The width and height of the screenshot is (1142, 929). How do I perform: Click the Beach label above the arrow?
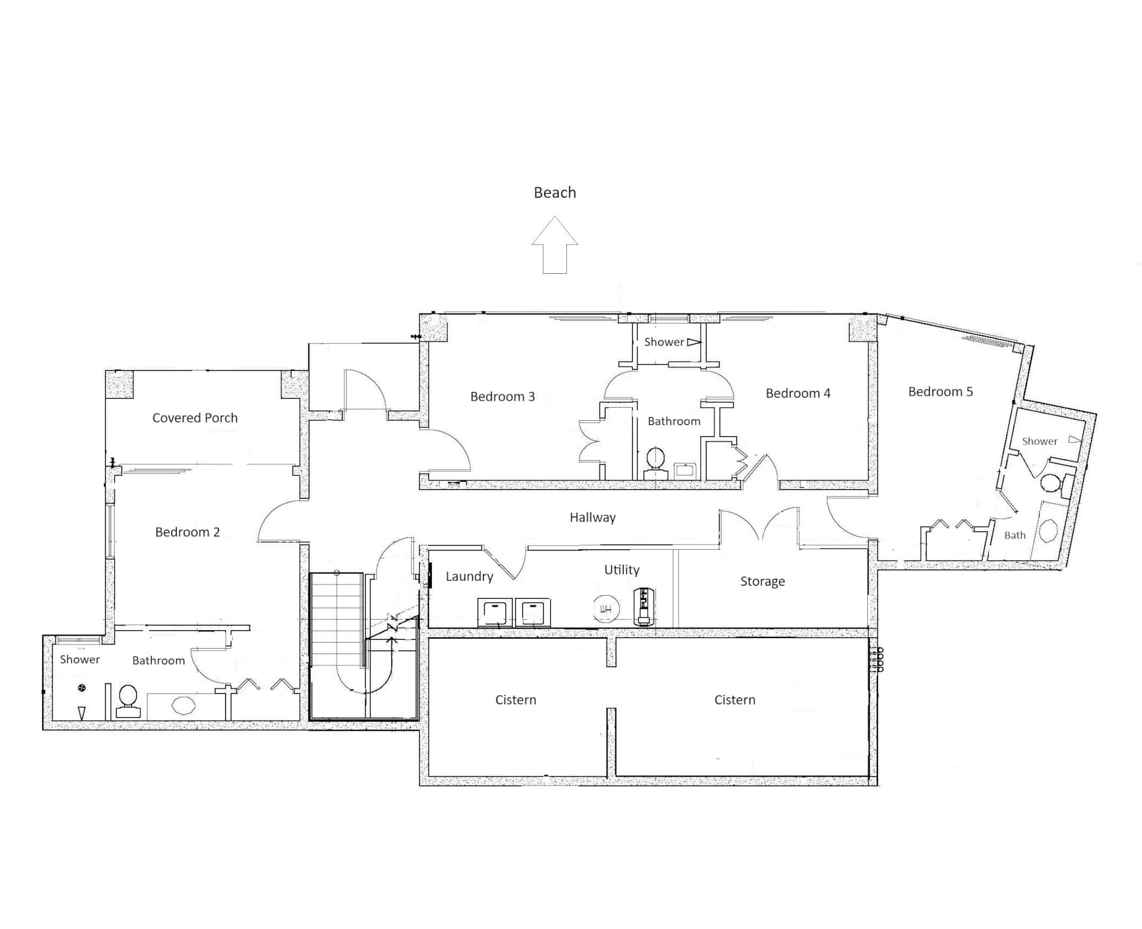[555, 192]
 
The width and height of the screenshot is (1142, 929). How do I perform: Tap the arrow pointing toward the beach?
[555, 245]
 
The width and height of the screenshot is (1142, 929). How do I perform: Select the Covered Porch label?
[195, 418]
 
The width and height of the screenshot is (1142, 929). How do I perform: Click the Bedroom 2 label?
[187, 532]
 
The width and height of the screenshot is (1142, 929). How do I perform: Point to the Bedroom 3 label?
[503, 396]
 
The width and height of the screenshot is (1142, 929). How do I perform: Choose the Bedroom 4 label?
[798, 393]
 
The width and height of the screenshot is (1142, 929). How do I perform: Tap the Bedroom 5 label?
[941, 392]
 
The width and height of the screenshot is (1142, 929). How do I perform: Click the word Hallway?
[593, 518]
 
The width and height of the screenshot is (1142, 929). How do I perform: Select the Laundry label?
[470, 577]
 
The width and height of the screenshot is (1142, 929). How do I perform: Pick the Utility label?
[622, 570]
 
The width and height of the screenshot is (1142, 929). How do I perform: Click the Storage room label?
[763, 581]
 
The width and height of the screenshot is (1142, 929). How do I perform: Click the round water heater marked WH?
[606, 609]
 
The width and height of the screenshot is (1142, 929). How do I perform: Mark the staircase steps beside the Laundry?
[337, 620]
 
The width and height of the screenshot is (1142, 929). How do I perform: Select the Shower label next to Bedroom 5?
[1040, 442]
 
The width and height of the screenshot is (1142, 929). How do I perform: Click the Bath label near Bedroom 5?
[1015, 536]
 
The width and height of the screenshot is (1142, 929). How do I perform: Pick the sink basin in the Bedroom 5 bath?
[1048, 530]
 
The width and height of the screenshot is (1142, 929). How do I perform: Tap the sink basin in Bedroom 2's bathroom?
[183, 706]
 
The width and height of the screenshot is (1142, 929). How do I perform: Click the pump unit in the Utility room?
[642, 606]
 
